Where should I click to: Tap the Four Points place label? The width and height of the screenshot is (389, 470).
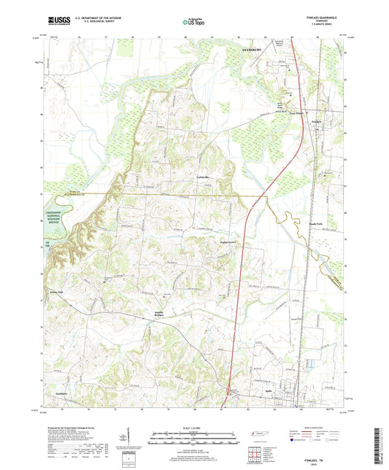pyautogui.click(x=296, y=112)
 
